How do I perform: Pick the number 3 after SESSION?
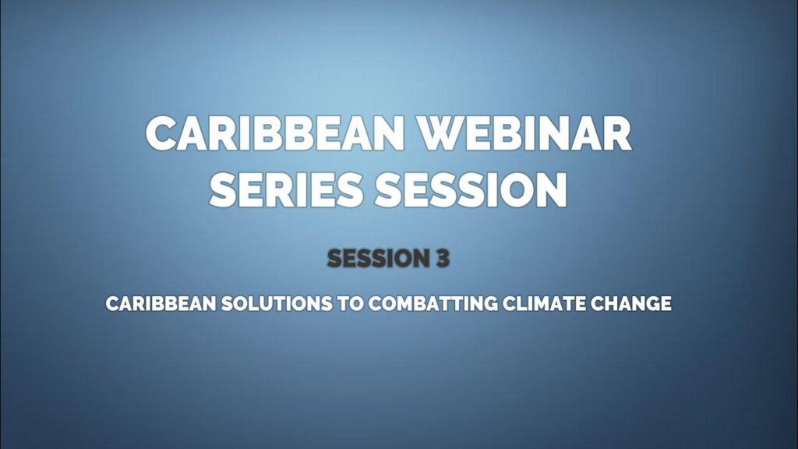click(442, 258)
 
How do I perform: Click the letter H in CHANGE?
click(613, 303)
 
